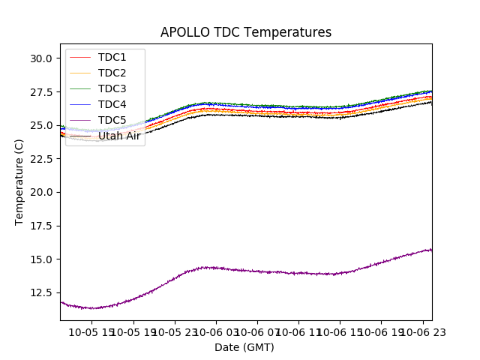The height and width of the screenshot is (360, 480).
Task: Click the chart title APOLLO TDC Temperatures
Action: pos(245,32)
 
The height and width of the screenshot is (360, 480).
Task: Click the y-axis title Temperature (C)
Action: pos(19,181)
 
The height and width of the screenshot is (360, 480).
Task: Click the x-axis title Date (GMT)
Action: pos(244,347)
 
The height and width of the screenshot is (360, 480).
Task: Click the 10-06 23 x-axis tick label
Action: pos(422,332)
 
